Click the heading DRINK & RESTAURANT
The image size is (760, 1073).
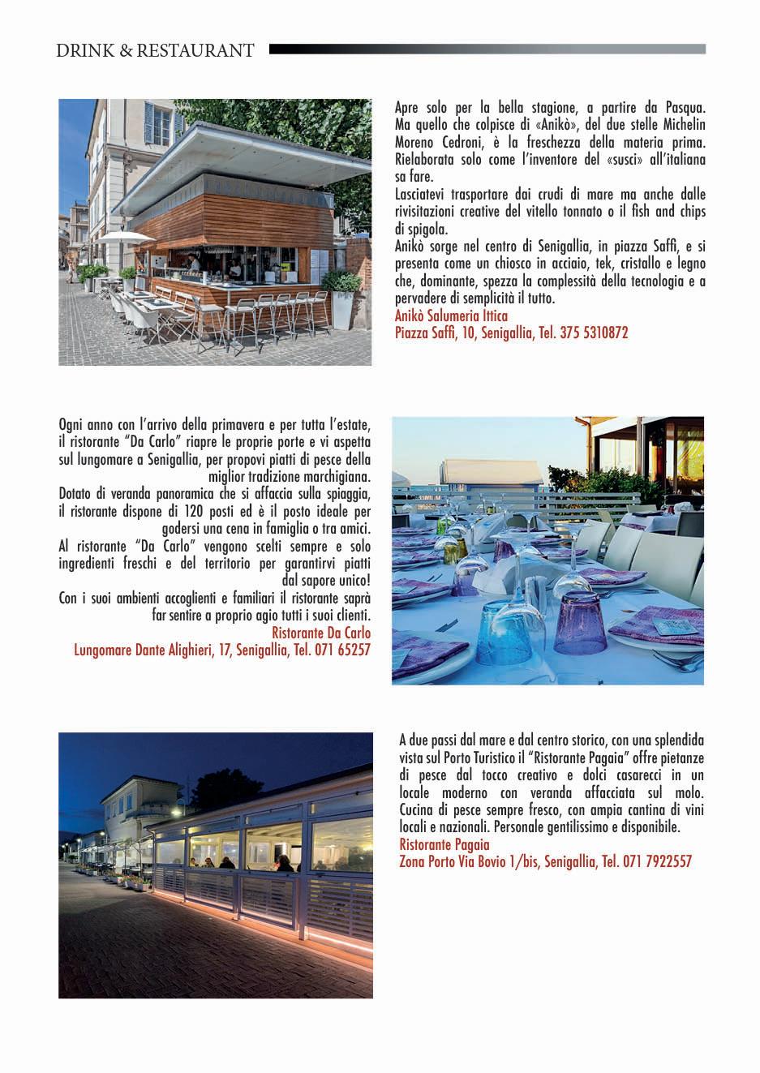click(x=155, y=51)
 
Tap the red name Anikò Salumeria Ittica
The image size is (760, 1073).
click(x=451, y=316)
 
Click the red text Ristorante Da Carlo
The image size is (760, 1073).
click(x=321, y=633)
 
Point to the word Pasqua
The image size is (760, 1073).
click(x=686, y=107)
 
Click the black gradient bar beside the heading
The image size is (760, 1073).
click(x=487, y=49)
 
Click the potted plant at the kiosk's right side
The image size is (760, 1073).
click(x=341, y=285)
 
